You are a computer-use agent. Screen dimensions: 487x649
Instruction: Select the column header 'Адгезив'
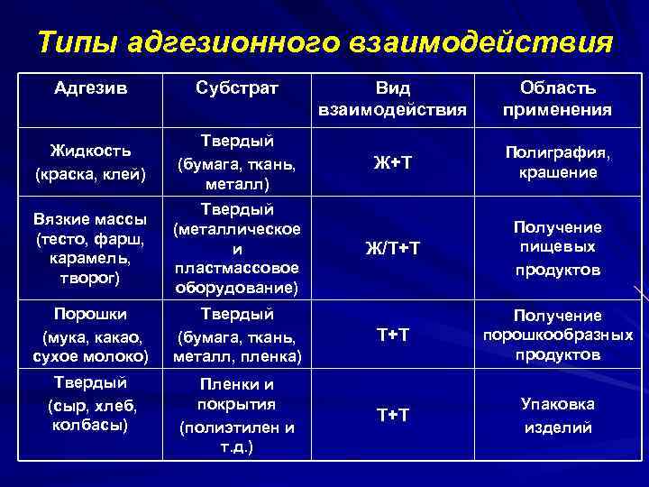[x=90, y=89]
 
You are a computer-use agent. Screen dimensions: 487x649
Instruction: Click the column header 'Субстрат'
[x=238, y=89]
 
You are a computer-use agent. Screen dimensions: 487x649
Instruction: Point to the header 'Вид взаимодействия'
[x=392, y=99]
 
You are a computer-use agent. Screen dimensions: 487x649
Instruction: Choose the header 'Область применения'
[x=557, y=99]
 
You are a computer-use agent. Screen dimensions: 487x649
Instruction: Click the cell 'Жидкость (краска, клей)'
[x=90, y=162]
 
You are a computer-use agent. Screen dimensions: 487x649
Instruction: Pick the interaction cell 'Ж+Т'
[x=392, y=162]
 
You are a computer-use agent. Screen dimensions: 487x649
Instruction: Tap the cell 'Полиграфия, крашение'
[x=557, y=162]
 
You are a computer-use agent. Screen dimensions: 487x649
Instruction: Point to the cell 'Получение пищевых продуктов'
[x=557, y=248]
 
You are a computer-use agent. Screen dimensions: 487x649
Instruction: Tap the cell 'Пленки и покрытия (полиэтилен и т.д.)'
[x=238, y=414]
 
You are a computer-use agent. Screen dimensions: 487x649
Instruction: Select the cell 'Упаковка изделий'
[x=557, y=415]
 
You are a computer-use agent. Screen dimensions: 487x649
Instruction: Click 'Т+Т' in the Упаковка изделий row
[x=392, y=415]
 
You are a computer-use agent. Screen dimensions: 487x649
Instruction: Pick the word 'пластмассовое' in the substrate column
[x=238, y=269]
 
